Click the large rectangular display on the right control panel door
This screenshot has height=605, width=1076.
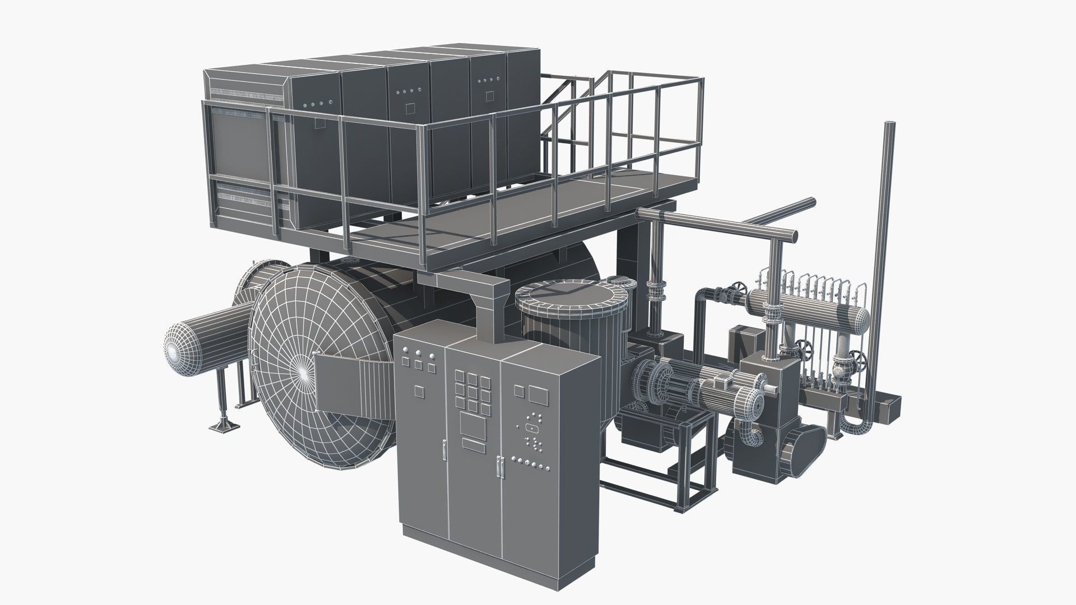tap(538, 394)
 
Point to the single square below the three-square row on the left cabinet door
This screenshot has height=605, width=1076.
tap(419, 390)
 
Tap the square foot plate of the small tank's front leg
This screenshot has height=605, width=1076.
tap(221, 427)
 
